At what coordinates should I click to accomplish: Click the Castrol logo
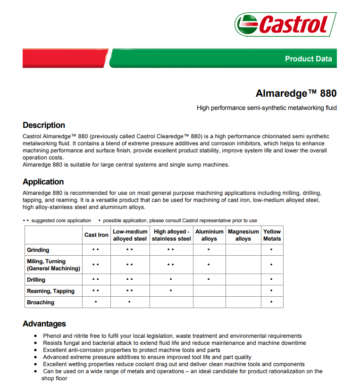click(x=286, y=24)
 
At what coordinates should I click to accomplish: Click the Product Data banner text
click(x=308, y=59)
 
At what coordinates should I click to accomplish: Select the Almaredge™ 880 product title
click(x=296, y=93)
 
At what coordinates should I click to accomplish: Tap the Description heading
click(x=44, y=125)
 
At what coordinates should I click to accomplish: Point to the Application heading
click(x=43, y=182)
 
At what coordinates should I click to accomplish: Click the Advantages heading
click(x=44, y=324)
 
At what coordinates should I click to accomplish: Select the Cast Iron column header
click(x=96, y=235)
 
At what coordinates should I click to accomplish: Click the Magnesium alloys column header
click(x=243, y=235)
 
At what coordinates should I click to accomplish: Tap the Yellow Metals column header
click(x=272, y=235)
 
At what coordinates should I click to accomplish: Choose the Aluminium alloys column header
click(x=209, y=235)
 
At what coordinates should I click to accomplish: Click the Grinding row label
click(x=38, y=250)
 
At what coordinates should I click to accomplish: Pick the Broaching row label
click(x=41, y=302)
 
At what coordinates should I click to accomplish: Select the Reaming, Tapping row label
click(x=50, y=291)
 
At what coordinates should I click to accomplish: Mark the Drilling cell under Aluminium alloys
click(x=209, y=280)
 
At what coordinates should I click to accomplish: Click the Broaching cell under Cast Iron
click(x=96, y=302)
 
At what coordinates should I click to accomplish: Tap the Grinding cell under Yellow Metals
click(x=272, y=250)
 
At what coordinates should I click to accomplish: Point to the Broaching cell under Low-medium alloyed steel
click(x=129, y=302)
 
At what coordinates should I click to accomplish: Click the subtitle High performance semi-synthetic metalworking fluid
click(x=267, y=108)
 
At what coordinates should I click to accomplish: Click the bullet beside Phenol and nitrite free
click(x=36, y=336)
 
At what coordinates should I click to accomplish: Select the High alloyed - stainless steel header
click(x=171, y=235)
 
